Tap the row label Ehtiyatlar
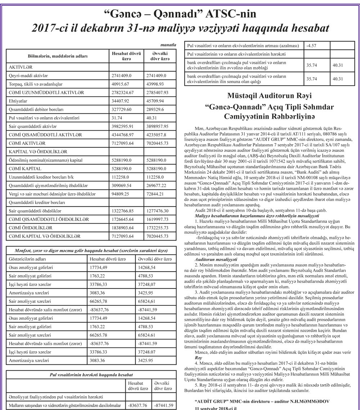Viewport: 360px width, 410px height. click(x=18, y=101)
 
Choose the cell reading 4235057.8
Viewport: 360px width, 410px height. click(x=157, y=135)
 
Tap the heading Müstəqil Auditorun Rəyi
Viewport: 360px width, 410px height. click(x=269, y=96)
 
